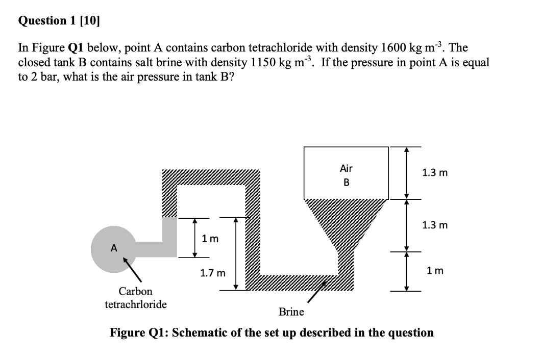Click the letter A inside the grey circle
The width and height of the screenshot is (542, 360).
pos(114,248)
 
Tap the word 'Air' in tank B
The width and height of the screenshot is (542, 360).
pos(346,168)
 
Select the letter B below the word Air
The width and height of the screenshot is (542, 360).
pos(346,182)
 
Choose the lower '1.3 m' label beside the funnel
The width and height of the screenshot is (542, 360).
pos(435,225)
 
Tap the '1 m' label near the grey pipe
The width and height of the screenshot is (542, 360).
pos(210,238)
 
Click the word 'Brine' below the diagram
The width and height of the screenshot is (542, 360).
pos(291,312)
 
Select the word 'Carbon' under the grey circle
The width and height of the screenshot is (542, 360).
pos(135,292)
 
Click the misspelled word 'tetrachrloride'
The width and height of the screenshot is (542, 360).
pos(135,304)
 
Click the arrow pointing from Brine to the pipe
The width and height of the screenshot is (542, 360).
pos(317,293)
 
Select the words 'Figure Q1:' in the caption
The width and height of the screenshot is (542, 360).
pos(140,333)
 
